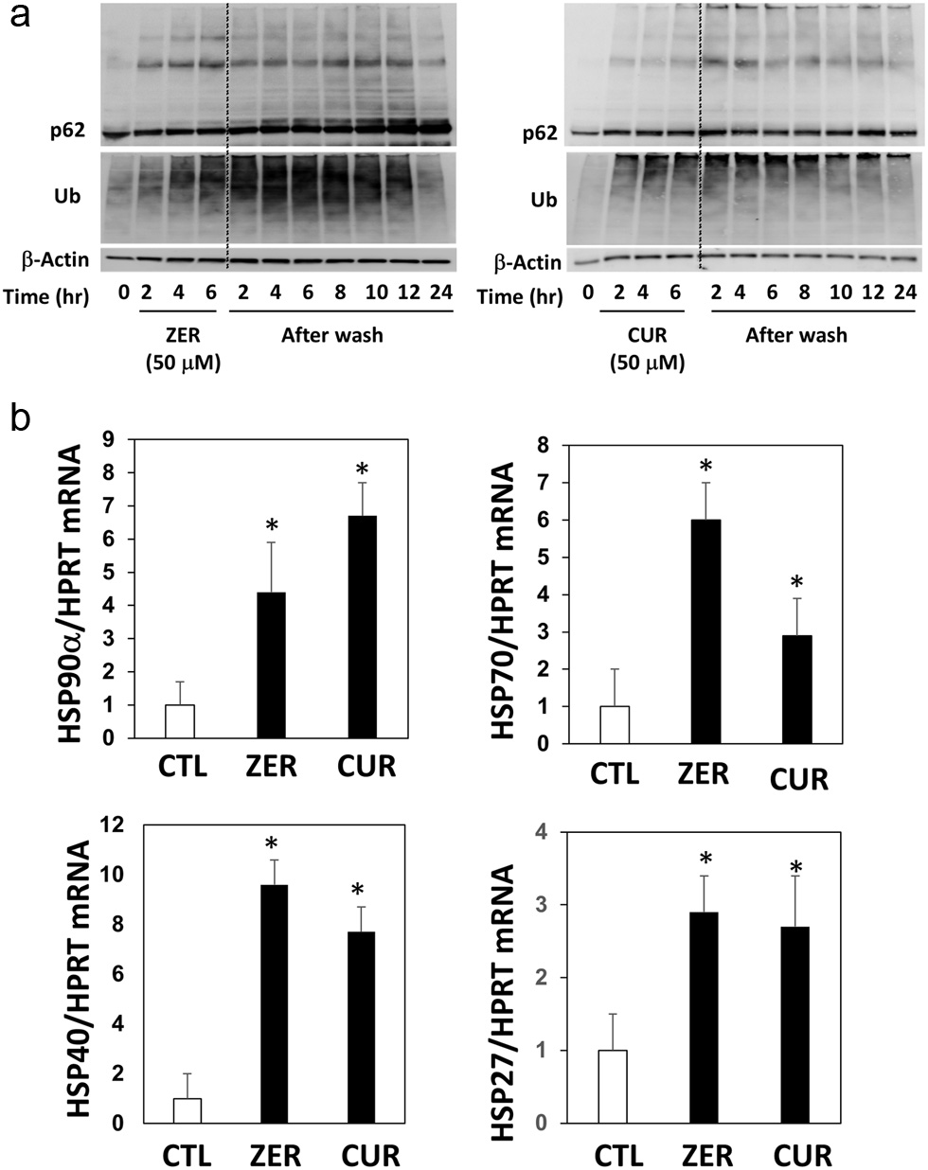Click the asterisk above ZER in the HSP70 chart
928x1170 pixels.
[705, 465]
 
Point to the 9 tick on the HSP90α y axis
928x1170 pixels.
[119, 439]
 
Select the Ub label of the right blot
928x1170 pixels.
[543, 200]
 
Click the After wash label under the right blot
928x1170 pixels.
[795, 334]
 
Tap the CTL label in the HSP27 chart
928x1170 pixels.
[622, 1155]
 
